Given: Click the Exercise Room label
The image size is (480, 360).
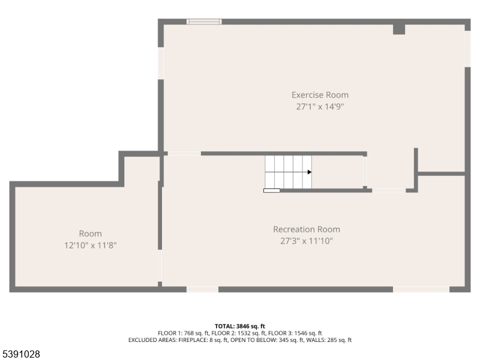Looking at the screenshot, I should coord(320,95).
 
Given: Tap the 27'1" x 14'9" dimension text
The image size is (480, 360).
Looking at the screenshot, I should coord(320,107).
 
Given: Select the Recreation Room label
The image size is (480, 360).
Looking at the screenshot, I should coord(307,229).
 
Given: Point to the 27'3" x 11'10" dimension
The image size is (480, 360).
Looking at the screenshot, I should coord(307,241).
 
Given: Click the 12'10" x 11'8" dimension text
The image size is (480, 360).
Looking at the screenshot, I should coord(91,245).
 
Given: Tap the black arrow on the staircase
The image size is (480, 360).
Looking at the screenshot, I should coord(310,172).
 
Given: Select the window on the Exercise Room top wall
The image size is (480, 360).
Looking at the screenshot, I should coord(204,22).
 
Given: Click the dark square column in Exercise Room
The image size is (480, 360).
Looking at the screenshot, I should coord(399,29).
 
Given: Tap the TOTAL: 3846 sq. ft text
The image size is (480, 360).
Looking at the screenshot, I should coord(240,326).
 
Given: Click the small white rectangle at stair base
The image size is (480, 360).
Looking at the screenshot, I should coord(271,191).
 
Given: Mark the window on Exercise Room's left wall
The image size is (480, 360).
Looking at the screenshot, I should coord(160,62).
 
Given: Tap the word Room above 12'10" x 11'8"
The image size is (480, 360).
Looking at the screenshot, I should coord(91,233).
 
